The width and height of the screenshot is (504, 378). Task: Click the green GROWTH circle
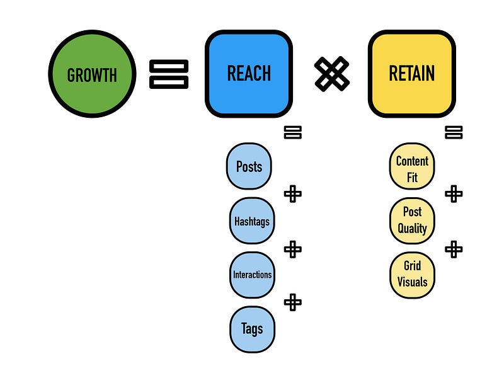[x=92, y=74]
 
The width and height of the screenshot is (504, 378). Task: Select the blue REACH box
[x=249, y=74]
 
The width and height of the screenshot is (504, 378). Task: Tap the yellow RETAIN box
[x=412, y=74]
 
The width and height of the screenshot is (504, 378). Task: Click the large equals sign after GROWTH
[x=169, y=74]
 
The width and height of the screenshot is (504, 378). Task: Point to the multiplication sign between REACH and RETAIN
[x=331, y=74]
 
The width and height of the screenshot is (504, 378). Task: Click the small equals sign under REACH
[x=293, y=132]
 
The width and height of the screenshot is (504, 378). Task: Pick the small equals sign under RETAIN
[x=454, y=132]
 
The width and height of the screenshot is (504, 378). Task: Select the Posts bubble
[x=249, y=167]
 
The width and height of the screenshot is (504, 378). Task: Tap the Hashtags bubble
[x=251, y=221]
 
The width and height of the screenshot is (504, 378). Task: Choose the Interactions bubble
[x=252, y=275]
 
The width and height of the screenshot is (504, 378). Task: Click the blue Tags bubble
[x=252, y=329]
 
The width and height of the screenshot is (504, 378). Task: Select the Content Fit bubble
[x=412, y=168]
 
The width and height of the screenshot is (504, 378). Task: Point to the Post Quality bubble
[x=412, y=220]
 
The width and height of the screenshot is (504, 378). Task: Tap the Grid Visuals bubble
[x=412, y=275]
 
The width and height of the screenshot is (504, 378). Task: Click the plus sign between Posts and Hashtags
[x=293, y=193]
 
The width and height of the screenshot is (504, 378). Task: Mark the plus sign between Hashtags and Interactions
[x=293, y=249]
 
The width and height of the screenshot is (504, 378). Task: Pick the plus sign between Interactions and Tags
[x=293, y=302]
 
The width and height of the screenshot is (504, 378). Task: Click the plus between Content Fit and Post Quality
[x=454, y=193]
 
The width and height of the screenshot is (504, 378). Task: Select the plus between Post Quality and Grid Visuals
[x=454, y=249]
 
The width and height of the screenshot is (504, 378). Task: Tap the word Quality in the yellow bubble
[x=412, y=229]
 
